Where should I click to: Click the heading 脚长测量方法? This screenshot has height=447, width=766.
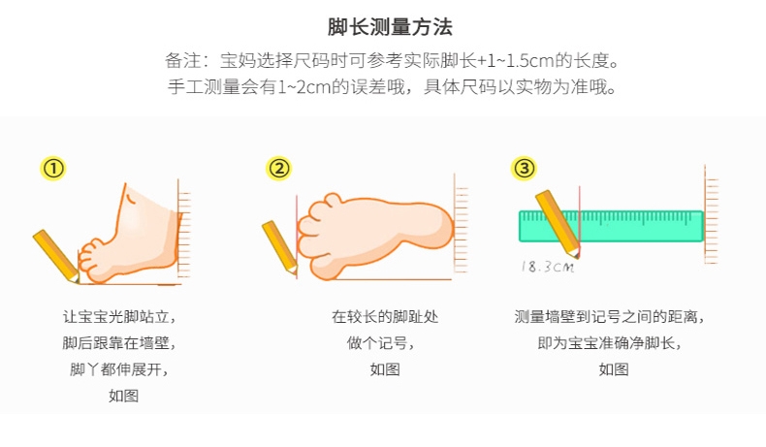pos(390,27)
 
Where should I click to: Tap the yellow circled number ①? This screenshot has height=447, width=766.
pos(53,169)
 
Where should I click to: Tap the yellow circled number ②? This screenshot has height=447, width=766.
pos(279,169)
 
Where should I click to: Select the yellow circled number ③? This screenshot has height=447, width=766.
pos(524,169)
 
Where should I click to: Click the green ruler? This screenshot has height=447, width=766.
pos(611,226)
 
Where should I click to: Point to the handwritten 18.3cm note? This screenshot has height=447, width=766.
pos(548,267)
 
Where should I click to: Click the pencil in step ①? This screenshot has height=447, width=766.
pos(56,257)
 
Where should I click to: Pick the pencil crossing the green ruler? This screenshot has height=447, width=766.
pos(558,224)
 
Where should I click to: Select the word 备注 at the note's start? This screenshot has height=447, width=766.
pos(182,61)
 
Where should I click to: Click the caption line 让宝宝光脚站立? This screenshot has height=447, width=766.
pos(119,317)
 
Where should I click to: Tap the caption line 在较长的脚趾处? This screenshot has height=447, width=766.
pos(385,317)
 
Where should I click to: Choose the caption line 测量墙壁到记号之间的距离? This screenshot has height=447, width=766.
pos(609,317)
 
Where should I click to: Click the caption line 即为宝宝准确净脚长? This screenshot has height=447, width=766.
pos(609,343)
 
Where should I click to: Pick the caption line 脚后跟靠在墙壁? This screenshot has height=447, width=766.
pos(119,343)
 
